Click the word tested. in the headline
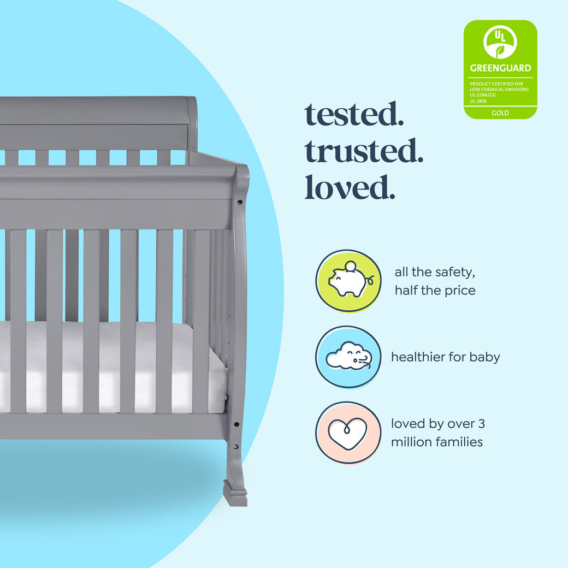point(354,115)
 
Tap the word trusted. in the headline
point(364,152)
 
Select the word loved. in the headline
point(350,187)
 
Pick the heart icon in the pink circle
point(348,433)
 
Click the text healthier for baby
point(445,357)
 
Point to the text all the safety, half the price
point(435,281)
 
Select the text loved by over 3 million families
point(437,433)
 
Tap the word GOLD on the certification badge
point(500,113)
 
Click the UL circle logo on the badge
point(500,42)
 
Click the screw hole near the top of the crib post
point(239,202)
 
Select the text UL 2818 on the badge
point(478,100)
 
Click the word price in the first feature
point(458,291)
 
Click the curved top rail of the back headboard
point(98,109)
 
